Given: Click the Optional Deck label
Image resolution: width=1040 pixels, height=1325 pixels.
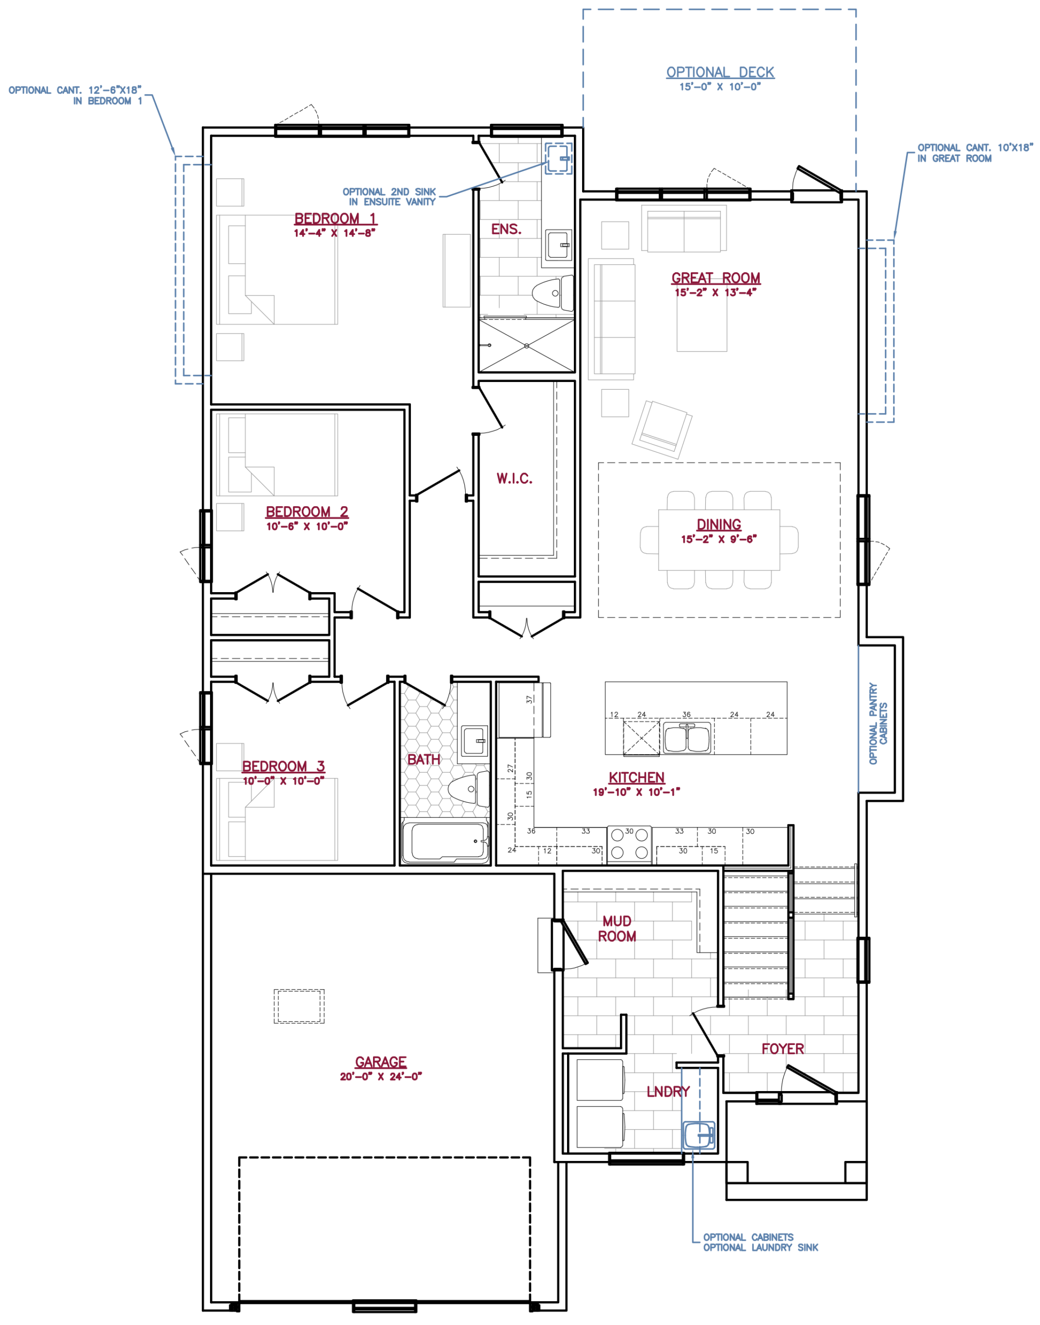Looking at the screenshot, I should [x=720, y=72].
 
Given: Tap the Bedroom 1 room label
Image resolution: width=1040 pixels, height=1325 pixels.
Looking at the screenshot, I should [x=335, y=218].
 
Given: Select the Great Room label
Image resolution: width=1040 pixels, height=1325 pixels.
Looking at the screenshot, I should [x=716, y=278].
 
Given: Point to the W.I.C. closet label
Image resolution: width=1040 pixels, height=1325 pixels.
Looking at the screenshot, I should [x=514, y=479].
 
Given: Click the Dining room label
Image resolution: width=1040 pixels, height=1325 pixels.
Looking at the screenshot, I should [x=719, y=525].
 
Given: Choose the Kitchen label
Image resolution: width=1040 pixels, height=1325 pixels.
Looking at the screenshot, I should [x=637, y=777].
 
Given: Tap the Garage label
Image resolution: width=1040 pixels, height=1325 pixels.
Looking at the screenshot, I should [x=381, y=1062].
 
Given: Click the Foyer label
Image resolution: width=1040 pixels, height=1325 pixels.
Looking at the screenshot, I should [x=782, y=1049].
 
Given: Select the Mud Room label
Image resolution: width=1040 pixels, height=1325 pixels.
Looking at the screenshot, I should [x=617, y=929].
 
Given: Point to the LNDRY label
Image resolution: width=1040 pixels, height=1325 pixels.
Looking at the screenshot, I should [x=668, y=1092].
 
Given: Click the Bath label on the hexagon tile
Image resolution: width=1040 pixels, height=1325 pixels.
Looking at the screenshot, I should [x=424, y=759].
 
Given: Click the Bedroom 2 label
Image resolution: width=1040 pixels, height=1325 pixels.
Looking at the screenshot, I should [x=307, y=512].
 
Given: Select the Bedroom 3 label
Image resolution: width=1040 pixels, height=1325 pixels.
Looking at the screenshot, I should [x=284, y=766].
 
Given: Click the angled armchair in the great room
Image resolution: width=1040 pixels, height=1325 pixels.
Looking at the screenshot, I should [x=662, y=429].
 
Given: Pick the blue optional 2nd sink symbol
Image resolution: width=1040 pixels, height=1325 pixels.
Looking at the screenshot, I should [x=558, y=158].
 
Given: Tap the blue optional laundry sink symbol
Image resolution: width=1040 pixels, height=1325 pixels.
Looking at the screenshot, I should [x=698, y=1135].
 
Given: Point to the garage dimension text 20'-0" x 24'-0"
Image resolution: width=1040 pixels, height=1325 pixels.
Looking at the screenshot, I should [x=381, y=1077].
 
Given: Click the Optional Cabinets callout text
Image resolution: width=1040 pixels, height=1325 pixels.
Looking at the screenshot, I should [x=748, y=1236].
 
